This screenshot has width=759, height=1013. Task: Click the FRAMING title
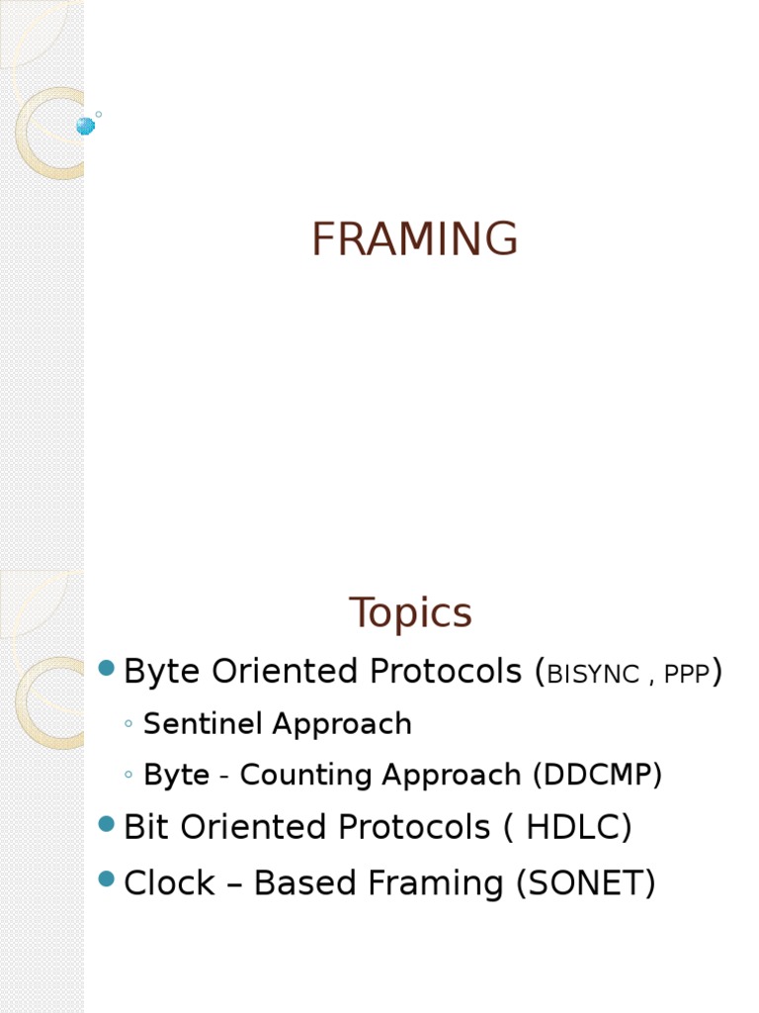[414, 239]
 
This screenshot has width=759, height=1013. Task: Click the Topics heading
[410, 613]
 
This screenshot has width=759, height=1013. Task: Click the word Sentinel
[204, 724]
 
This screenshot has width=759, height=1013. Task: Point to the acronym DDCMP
[597, 776]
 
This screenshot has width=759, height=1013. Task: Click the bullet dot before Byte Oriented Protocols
[108, 670]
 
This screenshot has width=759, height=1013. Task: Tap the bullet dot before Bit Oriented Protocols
[108, 824]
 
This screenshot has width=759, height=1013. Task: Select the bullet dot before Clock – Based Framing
[108, 879]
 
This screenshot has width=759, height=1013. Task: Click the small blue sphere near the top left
[85, 126]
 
